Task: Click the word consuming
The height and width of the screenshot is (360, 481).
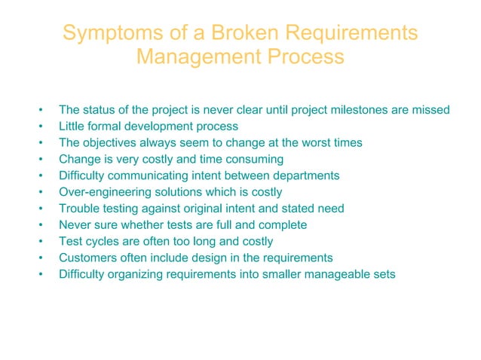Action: click(x=253, y=159)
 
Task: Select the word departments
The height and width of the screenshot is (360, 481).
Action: click(x=305, y=175)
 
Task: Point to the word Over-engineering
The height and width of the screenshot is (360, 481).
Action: click(x=106, y=192)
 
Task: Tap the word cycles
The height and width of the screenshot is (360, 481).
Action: click(x=103, y=241)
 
